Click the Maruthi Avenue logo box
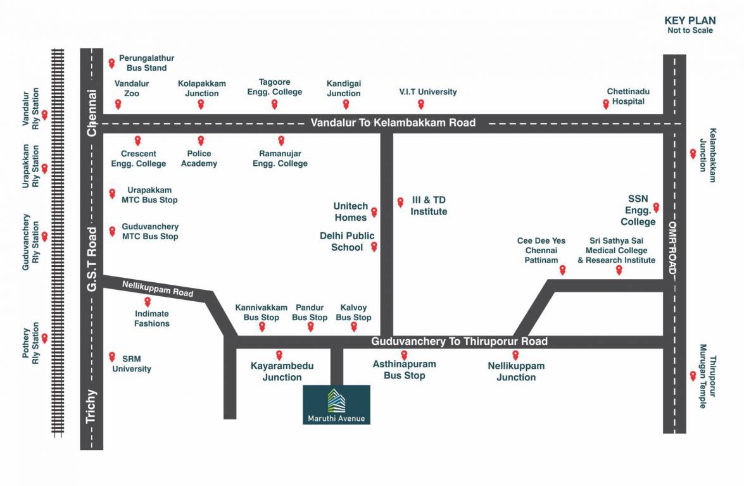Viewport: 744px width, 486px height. [336, 404]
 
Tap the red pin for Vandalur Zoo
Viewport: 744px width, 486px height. [118, 104]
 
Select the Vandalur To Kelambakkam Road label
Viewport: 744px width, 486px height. [393, 123]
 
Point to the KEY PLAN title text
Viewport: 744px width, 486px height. [690, 20]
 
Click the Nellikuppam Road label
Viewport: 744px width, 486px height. [158, 289]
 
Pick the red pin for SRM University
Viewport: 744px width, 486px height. [112, 356]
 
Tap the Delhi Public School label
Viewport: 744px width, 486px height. [347, 242]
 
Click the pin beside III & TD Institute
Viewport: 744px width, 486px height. [400, 202]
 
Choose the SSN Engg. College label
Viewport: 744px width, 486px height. [637, 210]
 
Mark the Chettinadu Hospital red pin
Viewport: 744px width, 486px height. [606, 104]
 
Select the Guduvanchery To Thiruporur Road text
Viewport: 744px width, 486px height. [459, 342]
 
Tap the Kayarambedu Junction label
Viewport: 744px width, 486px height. [282, 371]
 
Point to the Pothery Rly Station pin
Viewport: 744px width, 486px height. [44, 338]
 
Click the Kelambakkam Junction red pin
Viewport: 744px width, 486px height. [693, 153]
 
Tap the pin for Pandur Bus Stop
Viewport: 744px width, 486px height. [310, 327]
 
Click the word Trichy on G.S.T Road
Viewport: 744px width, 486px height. [91, 406]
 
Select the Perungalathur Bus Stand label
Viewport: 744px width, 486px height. [146, 63]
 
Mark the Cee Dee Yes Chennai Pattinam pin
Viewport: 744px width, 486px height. [562, 270]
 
